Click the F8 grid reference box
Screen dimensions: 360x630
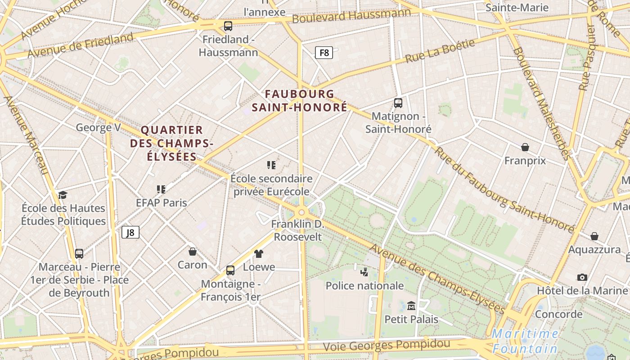coord(324,53)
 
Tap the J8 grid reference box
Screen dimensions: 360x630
coord(130,232)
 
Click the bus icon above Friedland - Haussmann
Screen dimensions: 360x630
coord(228,26)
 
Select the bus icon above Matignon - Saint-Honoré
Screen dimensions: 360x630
coord(398,103)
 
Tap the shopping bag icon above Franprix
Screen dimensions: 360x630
coord(525,147)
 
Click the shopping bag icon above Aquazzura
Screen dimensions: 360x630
coord(594,236)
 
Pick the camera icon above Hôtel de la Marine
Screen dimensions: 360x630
coord(582,277)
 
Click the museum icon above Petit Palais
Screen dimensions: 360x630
coord(411,306)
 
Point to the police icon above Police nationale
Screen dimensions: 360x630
coord(364,272)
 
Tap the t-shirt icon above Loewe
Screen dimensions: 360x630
coord(259,254)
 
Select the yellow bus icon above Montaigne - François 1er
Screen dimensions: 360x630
coord(230,270)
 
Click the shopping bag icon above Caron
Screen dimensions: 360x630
coord(193,251)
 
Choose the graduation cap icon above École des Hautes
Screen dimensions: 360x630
coord(63,195)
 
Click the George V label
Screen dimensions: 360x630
coord(98,127)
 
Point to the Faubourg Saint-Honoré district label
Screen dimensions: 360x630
coord(299,100)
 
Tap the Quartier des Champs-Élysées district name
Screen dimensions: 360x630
coord(171,143)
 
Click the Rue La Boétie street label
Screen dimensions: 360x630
coord(440,51)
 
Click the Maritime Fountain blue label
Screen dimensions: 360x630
coord(525,341)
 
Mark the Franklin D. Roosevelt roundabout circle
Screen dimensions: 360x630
coord(301,212)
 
